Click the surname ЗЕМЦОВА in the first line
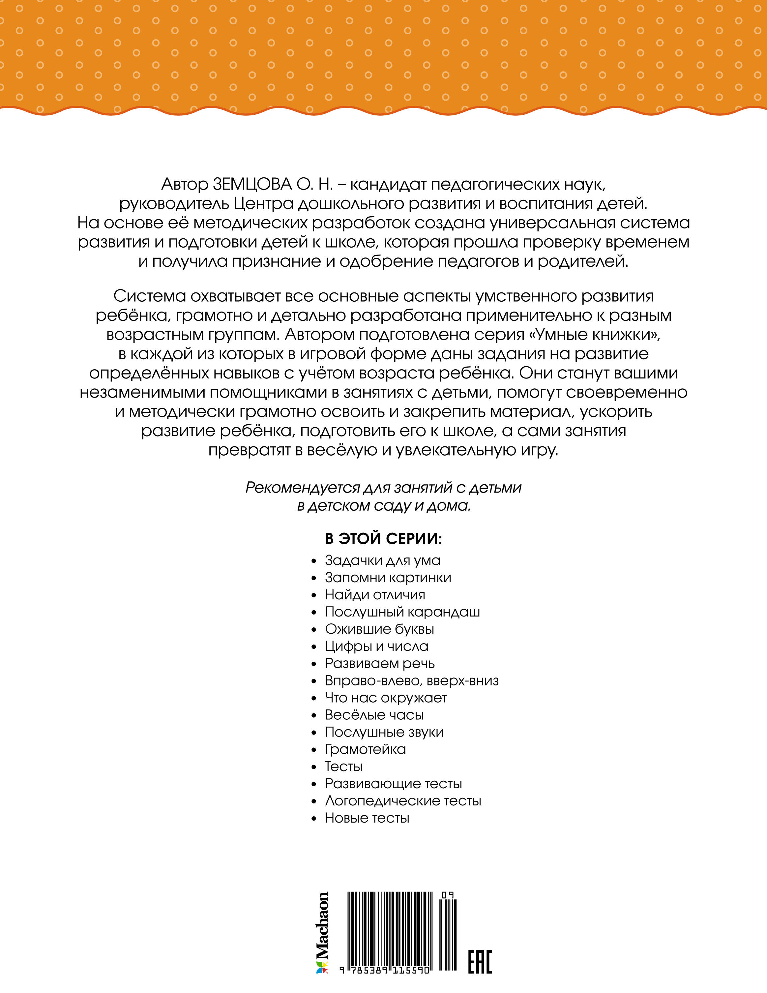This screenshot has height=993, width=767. (x=252, y=185)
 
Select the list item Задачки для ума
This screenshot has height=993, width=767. (x=382, y=560)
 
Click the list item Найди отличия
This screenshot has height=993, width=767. (x=375, y=595)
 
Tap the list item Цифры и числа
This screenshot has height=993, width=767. (x=376, y=646)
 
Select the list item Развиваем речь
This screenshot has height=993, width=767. (x=380, y=663)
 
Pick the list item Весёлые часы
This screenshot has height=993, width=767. (x=374, y=715)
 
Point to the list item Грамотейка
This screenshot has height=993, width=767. (x=365, y=749)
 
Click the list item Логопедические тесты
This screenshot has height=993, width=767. (x=403, y=801)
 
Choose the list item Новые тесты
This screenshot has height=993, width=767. (x=367, y=818)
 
